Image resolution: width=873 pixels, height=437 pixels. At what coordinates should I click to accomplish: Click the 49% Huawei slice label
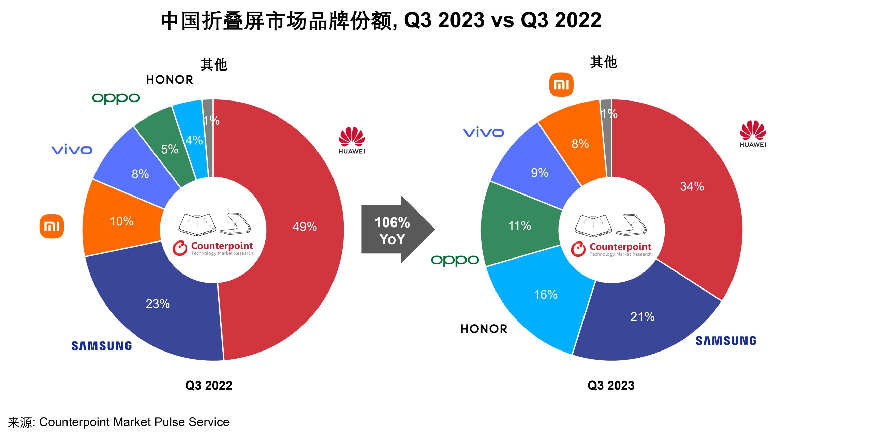pyautogui.click(x=305, y=227)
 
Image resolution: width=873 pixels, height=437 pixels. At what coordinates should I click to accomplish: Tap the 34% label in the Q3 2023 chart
pyautogui.click(x=692, y=186)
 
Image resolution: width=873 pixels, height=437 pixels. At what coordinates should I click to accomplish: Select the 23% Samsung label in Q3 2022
pyautogui.click(x=158, y=303)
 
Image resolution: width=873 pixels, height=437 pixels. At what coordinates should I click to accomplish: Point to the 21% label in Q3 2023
pyautogui.click(x=642, y=316)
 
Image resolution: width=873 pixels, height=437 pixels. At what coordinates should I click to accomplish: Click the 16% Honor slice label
pyautogui.click(x=546, y=294)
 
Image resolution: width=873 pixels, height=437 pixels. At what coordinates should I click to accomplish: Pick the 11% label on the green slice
pyautogui.click(x=520, y=225)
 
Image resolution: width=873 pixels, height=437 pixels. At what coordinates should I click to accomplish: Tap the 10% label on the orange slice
pyautogui.click(x=121, y=221)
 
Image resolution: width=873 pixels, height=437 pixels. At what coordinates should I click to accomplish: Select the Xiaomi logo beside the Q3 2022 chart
pyautogui.click(x=52, y=226)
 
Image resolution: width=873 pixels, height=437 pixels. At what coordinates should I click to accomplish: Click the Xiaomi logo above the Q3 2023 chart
pyautogui.click(x=561, y=84)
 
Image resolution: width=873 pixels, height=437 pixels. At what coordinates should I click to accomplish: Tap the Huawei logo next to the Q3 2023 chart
pyautogui.click(x=753, y=134)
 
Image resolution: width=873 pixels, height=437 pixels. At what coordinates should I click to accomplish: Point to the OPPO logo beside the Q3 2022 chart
pyautogui.click(x=116, y=98)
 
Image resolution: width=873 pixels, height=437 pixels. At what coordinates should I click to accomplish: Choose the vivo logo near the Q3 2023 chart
pyautogui.click(x=483, y=132)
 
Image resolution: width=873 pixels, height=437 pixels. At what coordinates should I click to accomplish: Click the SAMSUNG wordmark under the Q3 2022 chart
pyautogui.click(x=102, y=346)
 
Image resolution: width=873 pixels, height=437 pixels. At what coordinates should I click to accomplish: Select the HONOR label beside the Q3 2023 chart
pyautogui.click(x=484, y=329)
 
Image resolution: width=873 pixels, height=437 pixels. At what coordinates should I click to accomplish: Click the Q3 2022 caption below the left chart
pyautogui.click(x=209, y=386)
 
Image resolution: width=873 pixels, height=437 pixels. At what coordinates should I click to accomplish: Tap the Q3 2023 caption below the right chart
pyautogui.click(x=611, y=386)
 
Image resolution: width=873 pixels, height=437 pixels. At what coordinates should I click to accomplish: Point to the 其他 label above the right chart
pyautogui.click(x=604, y=62)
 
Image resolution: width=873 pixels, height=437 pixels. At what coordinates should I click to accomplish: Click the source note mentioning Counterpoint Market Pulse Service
pyautogui.click(x=119, y=422)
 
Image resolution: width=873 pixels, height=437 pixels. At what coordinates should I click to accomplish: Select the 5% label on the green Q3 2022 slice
pyautogui.click(x=169, y=149)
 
